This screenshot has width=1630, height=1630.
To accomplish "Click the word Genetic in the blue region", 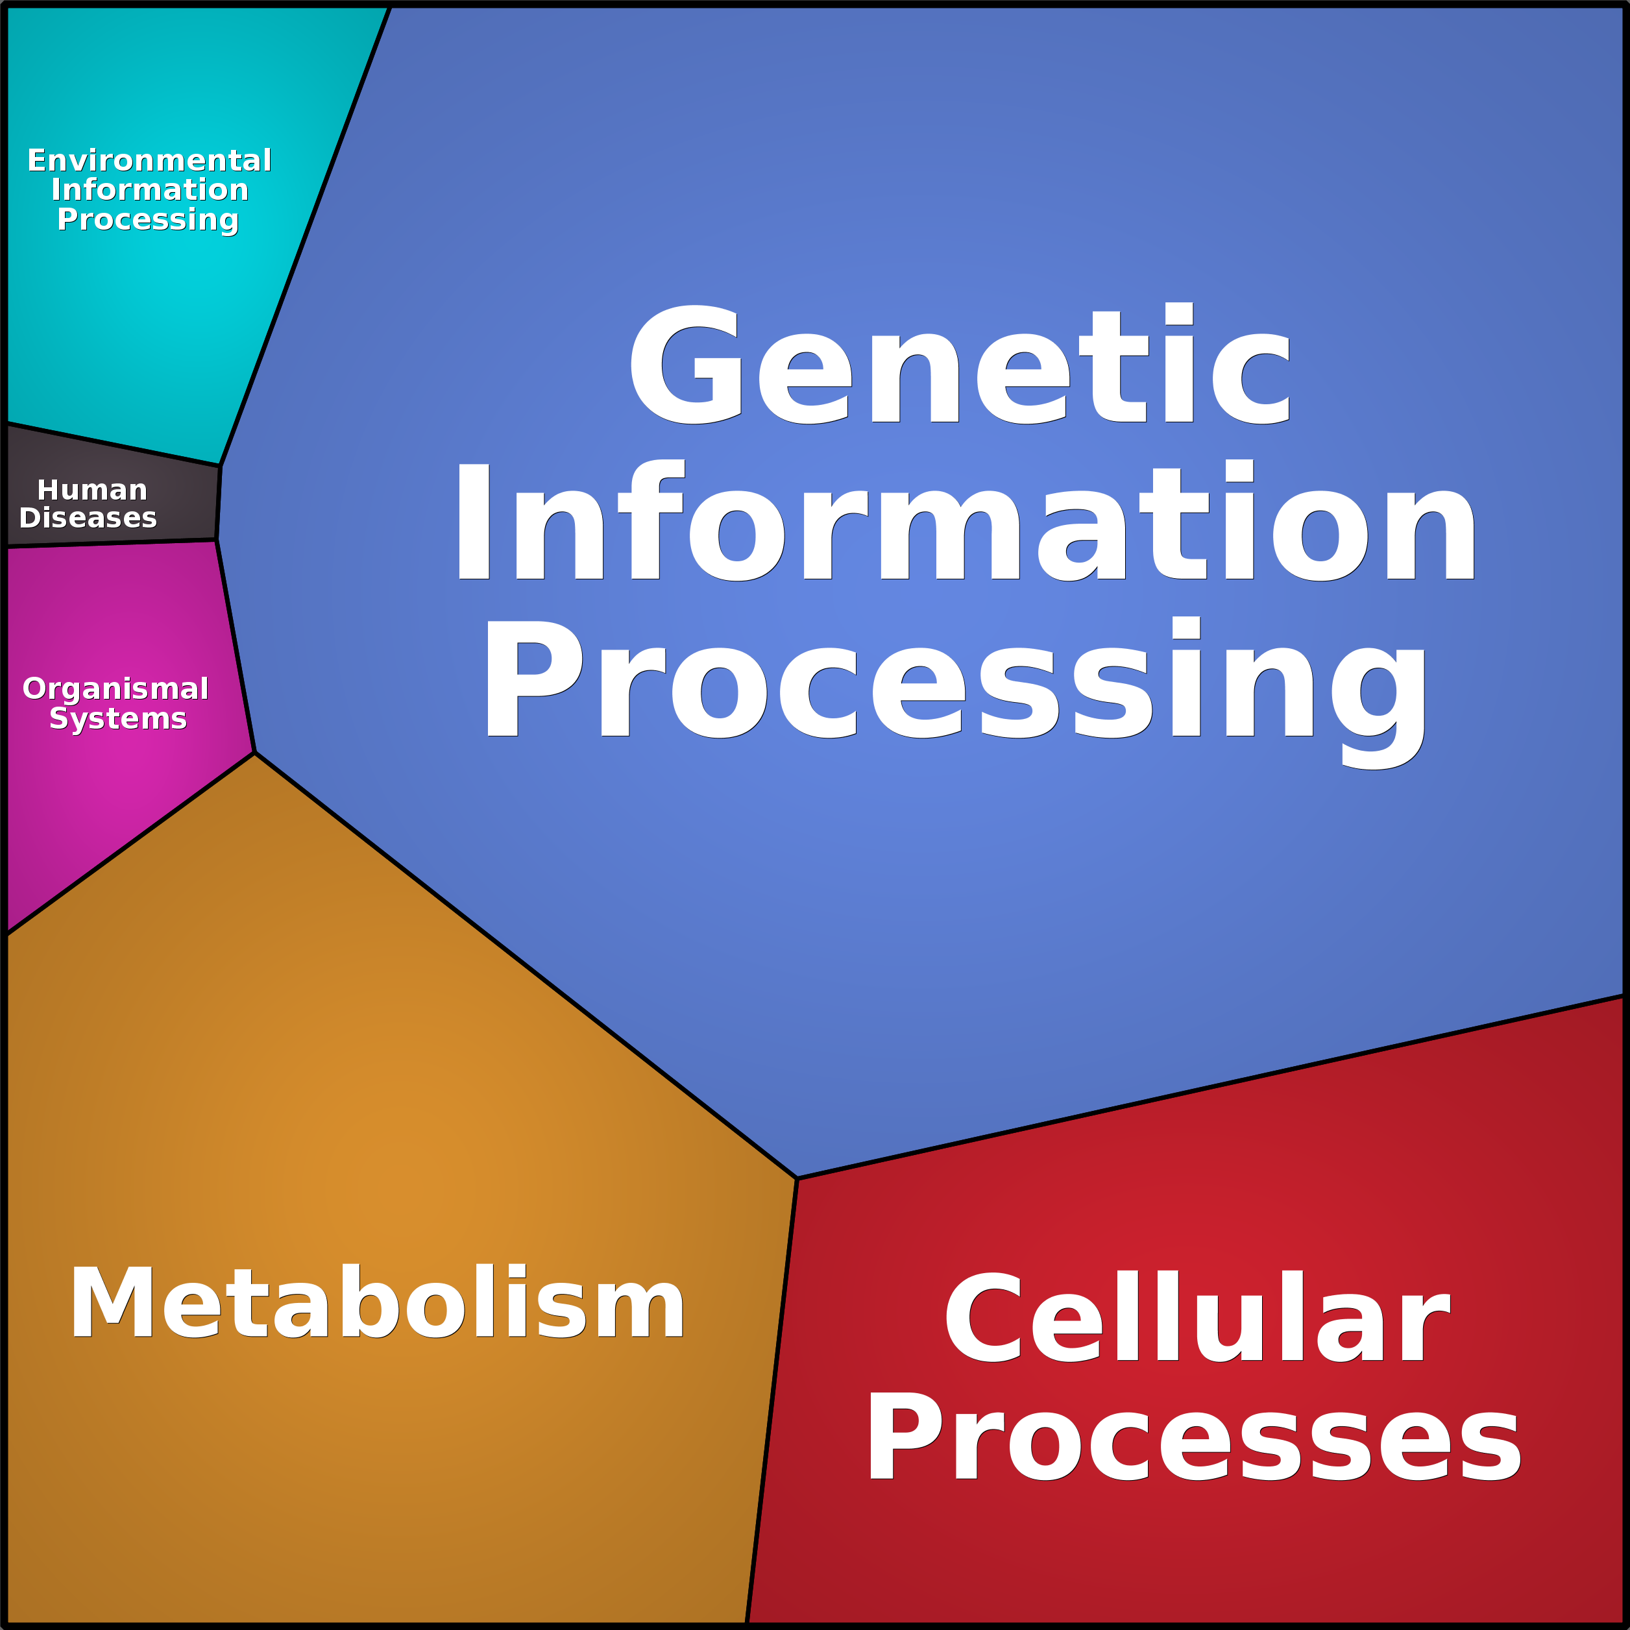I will pos(960,365).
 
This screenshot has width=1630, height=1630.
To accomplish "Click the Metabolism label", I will pos(377,1304).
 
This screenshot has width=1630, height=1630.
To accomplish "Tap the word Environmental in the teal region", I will pos(149,160).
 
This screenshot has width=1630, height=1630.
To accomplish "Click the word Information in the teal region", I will pos(149,190).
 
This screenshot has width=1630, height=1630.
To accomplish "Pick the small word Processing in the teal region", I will pos(148,219).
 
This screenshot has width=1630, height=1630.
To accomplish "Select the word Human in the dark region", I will pos(92,490).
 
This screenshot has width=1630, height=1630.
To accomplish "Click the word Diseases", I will pos(88,517).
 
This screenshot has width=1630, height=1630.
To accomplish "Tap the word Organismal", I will pos(116,688).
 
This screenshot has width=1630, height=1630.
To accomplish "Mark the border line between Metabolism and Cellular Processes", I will pos(772,1400).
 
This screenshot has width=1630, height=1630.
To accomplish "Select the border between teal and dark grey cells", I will pos(113,444).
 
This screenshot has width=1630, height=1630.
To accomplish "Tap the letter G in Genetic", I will pos(685,365).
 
